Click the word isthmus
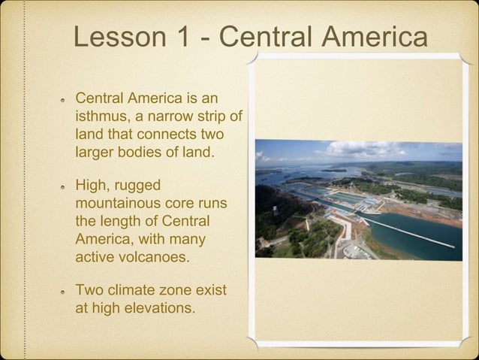(x=101, y=116)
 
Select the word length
(x=125, y=221)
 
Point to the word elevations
(x=158, y=307)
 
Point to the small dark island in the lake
(x=334, y=170)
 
